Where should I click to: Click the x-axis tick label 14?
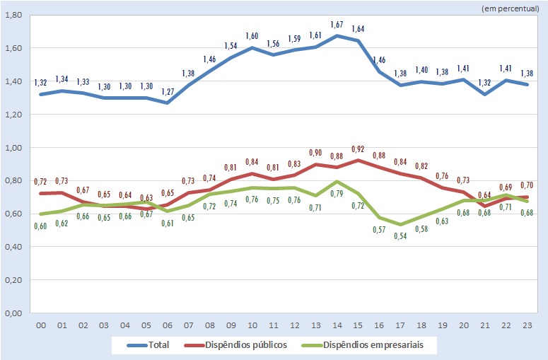click(337, 326)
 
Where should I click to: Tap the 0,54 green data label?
click(402, 235)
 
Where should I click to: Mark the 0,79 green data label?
click(337, 193)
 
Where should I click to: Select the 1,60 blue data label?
click(253, 36)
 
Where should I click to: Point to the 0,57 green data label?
click(380, 229)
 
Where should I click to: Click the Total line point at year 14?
click(337, 35)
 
